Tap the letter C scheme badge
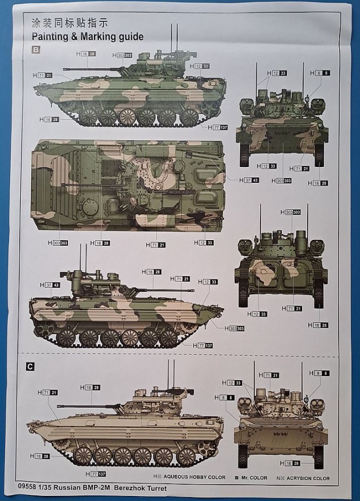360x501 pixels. [31, 367]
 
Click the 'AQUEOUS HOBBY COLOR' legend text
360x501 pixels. [195, 477]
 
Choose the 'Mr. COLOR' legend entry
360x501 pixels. [256, 477]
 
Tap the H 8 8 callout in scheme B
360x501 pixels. [319, 73]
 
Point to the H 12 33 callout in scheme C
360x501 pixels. [231, 383]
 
